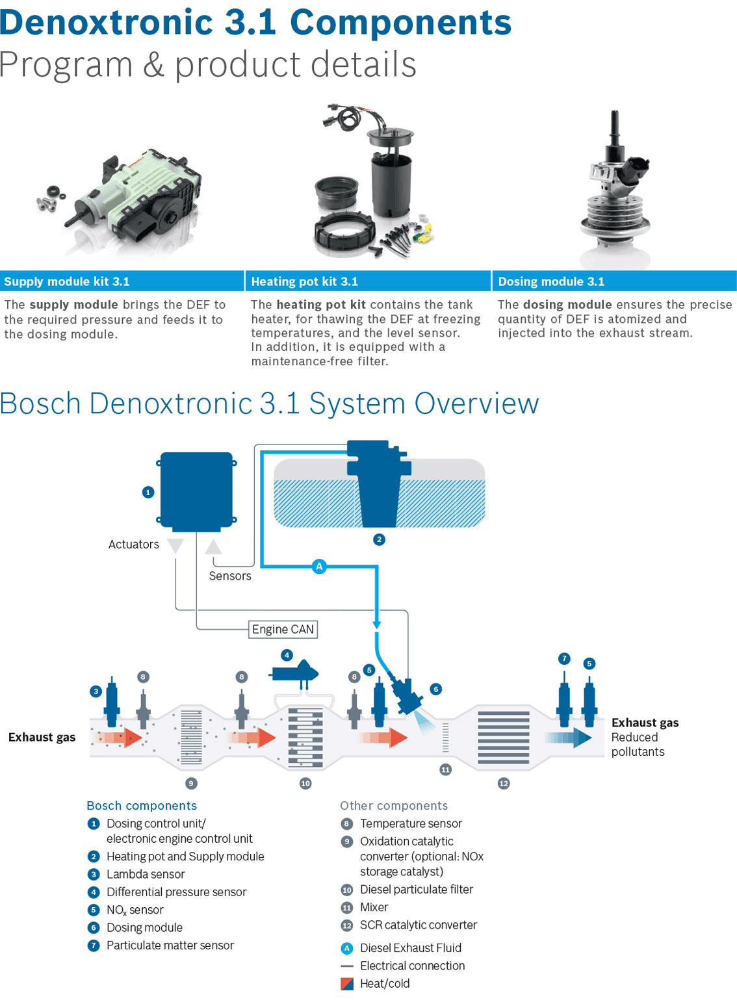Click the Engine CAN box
[283, 629]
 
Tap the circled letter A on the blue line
[319, 567]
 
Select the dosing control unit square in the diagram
[196, 490]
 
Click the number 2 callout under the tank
[380, 539]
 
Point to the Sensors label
[230, 576]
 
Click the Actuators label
[133, 545]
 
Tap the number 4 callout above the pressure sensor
[287, 654]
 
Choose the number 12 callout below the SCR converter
[504, 783]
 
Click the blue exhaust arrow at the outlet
[569, 738]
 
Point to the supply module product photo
[123, 201]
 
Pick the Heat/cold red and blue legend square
[347, 984]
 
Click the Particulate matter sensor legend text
[170, 946]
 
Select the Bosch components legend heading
[142, 806]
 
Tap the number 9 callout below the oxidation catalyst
[191, 783]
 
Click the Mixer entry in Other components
[374, 907]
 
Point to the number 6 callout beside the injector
[436, 689]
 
